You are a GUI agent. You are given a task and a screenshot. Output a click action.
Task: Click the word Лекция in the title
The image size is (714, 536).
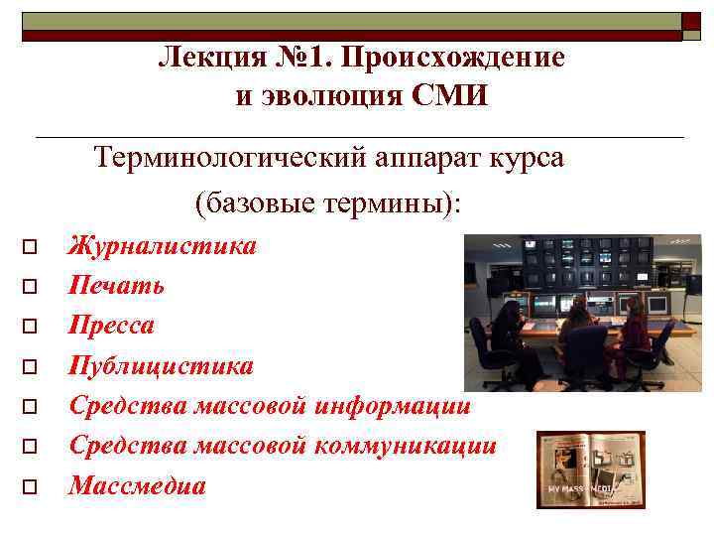click(206, 59)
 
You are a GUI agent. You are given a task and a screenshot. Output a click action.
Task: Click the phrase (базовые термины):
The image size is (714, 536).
click(328, 203)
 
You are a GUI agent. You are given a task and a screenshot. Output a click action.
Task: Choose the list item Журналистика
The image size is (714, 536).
click(162, 245)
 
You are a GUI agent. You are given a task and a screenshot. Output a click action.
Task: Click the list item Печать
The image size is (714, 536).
click(116, 286)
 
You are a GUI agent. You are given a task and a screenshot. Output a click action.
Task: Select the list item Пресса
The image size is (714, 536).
click(111, 326)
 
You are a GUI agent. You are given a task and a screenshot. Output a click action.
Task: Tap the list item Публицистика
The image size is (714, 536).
click(161, 366)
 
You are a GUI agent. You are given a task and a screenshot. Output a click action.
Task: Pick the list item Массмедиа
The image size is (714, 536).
click(137, 486)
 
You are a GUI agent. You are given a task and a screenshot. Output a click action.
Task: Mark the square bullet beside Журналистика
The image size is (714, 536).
click(30, 246)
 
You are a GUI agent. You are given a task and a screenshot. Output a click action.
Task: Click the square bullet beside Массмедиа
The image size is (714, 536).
click(30, 487)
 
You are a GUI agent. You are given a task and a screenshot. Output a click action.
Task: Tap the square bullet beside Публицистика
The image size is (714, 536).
click(30, 367)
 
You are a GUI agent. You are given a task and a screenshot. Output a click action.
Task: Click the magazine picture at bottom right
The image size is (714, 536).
click(590, 469)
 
